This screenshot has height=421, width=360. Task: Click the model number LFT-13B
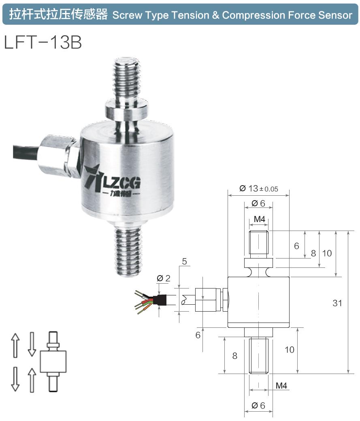tap(43, 43)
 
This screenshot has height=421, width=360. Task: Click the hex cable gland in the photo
tap(59, 156)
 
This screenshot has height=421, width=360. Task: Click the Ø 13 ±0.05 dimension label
tap(258, 188)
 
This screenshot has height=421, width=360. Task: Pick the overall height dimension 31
tap(337, 303)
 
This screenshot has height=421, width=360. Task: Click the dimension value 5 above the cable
tap(185, 262)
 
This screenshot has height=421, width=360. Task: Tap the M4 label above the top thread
tap(259, 219)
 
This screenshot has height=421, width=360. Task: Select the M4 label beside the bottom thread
tap(281, 385)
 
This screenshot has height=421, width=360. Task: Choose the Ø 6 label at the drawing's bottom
tap(258, 405)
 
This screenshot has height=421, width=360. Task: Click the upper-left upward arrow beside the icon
tap(15, 345)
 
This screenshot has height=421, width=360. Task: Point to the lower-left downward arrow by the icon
tap(15, 378)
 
